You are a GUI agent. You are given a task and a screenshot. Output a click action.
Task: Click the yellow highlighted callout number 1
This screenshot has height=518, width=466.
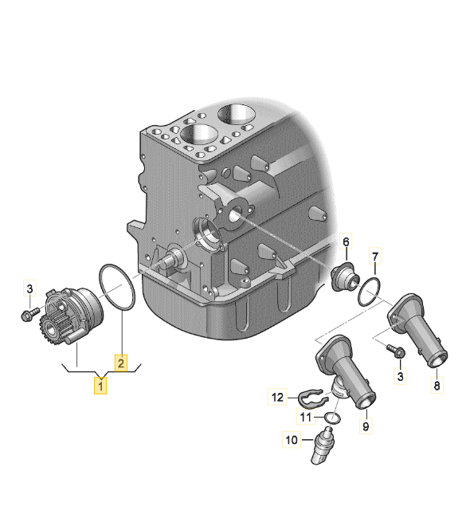point(101,386)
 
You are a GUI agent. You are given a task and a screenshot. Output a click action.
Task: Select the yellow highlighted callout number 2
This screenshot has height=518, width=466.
point(121,363)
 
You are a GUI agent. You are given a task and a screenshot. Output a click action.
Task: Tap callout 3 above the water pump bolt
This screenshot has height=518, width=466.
point(30,288)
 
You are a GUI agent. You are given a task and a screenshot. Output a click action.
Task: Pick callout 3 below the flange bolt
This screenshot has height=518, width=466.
point(401,375)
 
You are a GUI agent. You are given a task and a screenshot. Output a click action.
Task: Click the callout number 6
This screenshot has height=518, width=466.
point(347,241)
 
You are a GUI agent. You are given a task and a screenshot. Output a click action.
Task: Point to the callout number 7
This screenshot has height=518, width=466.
point(377,257)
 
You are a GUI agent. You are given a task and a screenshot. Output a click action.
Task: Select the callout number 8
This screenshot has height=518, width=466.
point(436,386)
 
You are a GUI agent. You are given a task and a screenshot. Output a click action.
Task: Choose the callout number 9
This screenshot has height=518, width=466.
point(366,426)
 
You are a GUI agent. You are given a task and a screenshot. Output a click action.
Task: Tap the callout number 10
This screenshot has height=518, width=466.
point(292,438)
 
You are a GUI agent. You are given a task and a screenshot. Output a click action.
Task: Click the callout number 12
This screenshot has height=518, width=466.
point(276,396)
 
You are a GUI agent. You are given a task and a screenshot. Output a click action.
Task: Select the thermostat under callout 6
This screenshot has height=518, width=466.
point(344,277)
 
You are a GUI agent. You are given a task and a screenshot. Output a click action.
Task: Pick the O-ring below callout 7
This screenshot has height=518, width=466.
point(370,292)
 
